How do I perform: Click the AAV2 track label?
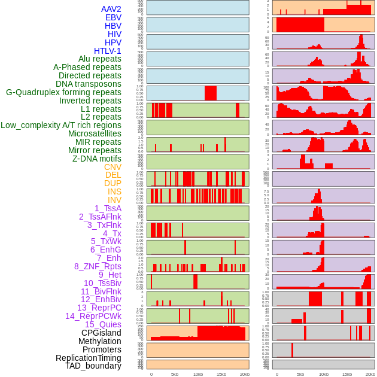(111, 9)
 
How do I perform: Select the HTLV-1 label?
(108, 51)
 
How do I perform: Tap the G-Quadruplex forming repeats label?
(63, 92)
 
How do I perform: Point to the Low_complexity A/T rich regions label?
(61, 125)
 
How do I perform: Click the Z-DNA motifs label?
(97, 159)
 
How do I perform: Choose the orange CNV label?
(113, 167)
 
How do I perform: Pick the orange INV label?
(114, 200)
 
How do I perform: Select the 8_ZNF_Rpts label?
(98, 266)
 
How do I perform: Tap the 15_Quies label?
(103, 324)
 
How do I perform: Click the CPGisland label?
(101, 333)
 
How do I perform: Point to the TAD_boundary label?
(93, 366)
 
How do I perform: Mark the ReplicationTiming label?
(89, 358)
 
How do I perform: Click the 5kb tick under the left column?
(175, 374)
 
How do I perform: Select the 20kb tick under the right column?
(370, 374)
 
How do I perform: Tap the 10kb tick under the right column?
(324, 374)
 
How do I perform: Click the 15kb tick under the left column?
(221, 374)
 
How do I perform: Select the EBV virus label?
(113, 17)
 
